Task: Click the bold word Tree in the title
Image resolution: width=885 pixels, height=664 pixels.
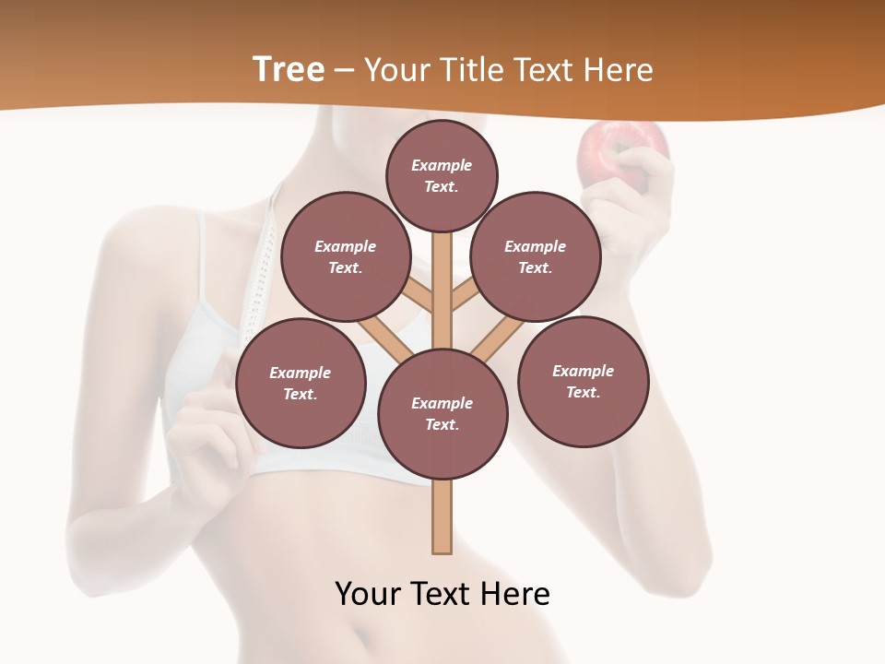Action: [x=288, y=70]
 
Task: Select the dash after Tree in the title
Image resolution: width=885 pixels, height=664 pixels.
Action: [x=344, y=71]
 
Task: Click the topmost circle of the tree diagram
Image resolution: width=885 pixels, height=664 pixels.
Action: [x=442, y=175]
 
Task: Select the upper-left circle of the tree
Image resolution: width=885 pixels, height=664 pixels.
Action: [x=346, y=256]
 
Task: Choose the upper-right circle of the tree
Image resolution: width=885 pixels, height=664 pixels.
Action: [x=536, y=256]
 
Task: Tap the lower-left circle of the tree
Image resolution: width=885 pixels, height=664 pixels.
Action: [x=301, y=383]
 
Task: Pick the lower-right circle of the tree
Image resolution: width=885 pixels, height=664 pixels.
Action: [x=584, y=381]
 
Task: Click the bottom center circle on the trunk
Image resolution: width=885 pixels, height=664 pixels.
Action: [x=442, y=414]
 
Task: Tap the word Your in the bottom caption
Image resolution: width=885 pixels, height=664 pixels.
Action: [x=366, y=593]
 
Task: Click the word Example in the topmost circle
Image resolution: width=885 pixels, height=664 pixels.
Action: [x=442, y=165]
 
